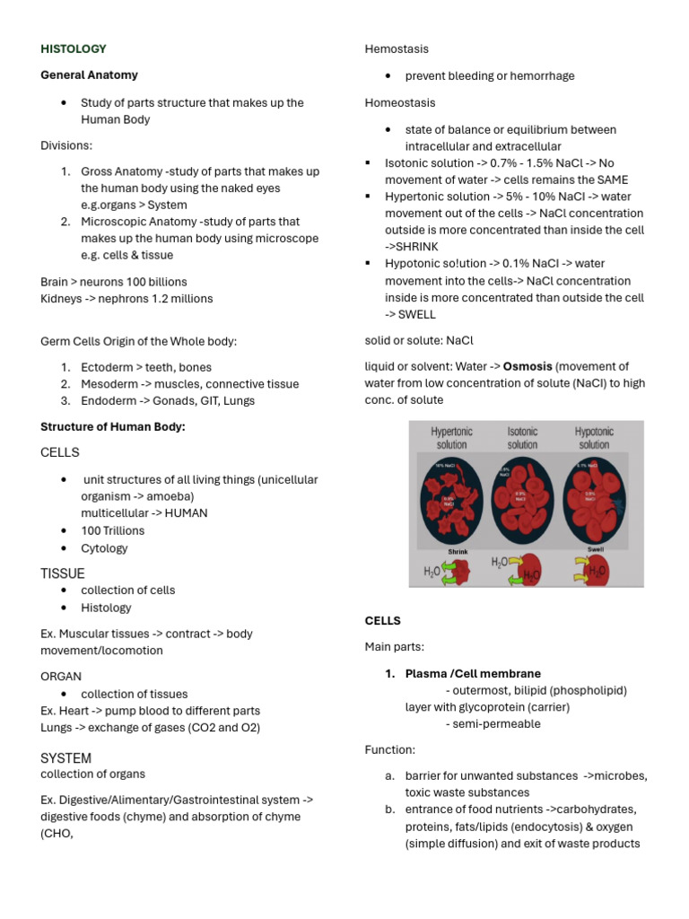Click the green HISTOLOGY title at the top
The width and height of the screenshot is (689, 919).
click(74, 48)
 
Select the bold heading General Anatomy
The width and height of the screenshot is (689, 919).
click(89, 75)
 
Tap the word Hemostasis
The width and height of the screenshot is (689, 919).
click(397, 48)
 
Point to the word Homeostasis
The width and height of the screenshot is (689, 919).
click(400, 102)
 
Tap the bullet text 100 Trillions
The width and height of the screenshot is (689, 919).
click(112, 530)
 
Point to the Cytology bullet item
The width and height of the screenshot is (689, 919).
click(104, 548)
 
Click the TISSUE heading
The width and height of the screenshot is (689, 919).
click(63, 573)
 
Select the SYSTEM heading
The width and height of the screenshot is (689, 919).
click(66, 758)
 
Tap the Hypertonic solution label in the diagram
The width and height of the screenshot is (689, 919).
click(452, 438)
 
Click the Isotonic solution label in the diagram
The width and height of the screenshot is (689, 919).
click(522, 438)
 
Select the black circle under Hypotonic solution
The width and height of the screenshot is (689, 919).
click(594, 499)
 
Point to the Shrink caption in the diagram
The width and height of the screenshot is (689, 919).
click(458, 551)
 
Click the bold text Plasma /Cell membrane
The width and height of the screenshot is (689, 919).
click(473, 673)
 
